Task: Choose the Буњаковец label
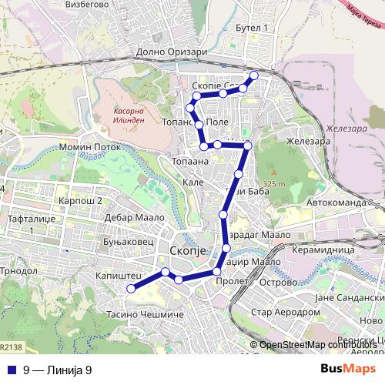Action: coord(123,241)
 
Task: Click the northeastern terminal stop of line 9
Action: coord(253,75)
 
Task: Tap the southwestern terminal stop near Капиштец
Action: coord(131,289)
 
